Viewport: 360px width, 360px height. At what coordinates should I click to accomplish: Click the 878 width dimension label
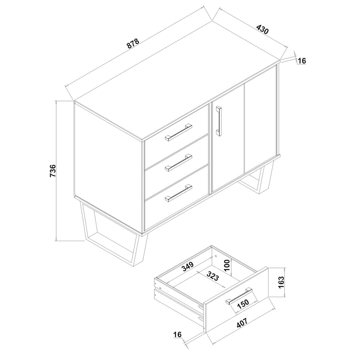pyautogui.click(x=133, y=43)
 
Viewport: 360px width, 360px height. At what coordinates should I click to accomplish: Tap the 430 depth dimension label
pyautogui.click(x=262, y=29)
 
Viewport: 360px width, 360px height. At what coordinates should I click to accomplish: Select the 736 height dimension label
pyautogui.click(x=53, y=171)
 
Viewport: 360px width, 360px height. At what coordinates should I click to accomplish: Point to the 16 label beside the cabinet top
pyautogui.click(x=302, y=61)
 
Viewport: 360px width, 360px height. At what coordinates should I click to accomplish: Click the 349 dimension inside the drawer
pyautogui.click(x=188, y=266)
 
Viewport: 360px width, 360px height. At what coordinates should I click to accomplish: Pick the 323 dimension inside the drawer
pyautogui.click(x=213, y=276)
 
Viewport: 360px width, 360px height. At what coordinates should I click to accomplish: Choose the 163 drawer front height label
pyautogui.click(x=281, y=282)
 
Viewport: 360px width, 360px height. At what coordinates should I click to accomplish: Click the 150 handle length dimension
pyautogui.click(x=243, y=304)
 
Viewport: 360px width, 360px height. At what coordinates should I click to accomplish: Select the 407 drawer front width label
pyautogui.click(x=242, y=323)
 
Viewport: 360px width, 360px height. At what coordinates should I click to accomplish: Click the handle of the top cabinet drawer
pyautogui.click(x=178, y=132)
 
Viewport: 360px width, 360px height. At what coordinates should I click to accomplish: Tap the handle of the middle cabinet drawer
pyautogui.click(x=178, y=162)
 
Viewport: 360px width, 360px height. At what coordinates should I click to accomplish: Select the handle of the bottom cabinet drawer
pyautogui.click(x=178, y=193)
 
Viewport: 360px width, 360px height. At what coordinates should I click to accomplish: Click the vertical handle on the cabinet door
pyautogui.click(x=219, y=121)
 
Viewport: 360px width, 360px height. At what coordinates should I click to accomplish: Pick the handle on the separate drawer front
pyautogui.click(x=239, y=296)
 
